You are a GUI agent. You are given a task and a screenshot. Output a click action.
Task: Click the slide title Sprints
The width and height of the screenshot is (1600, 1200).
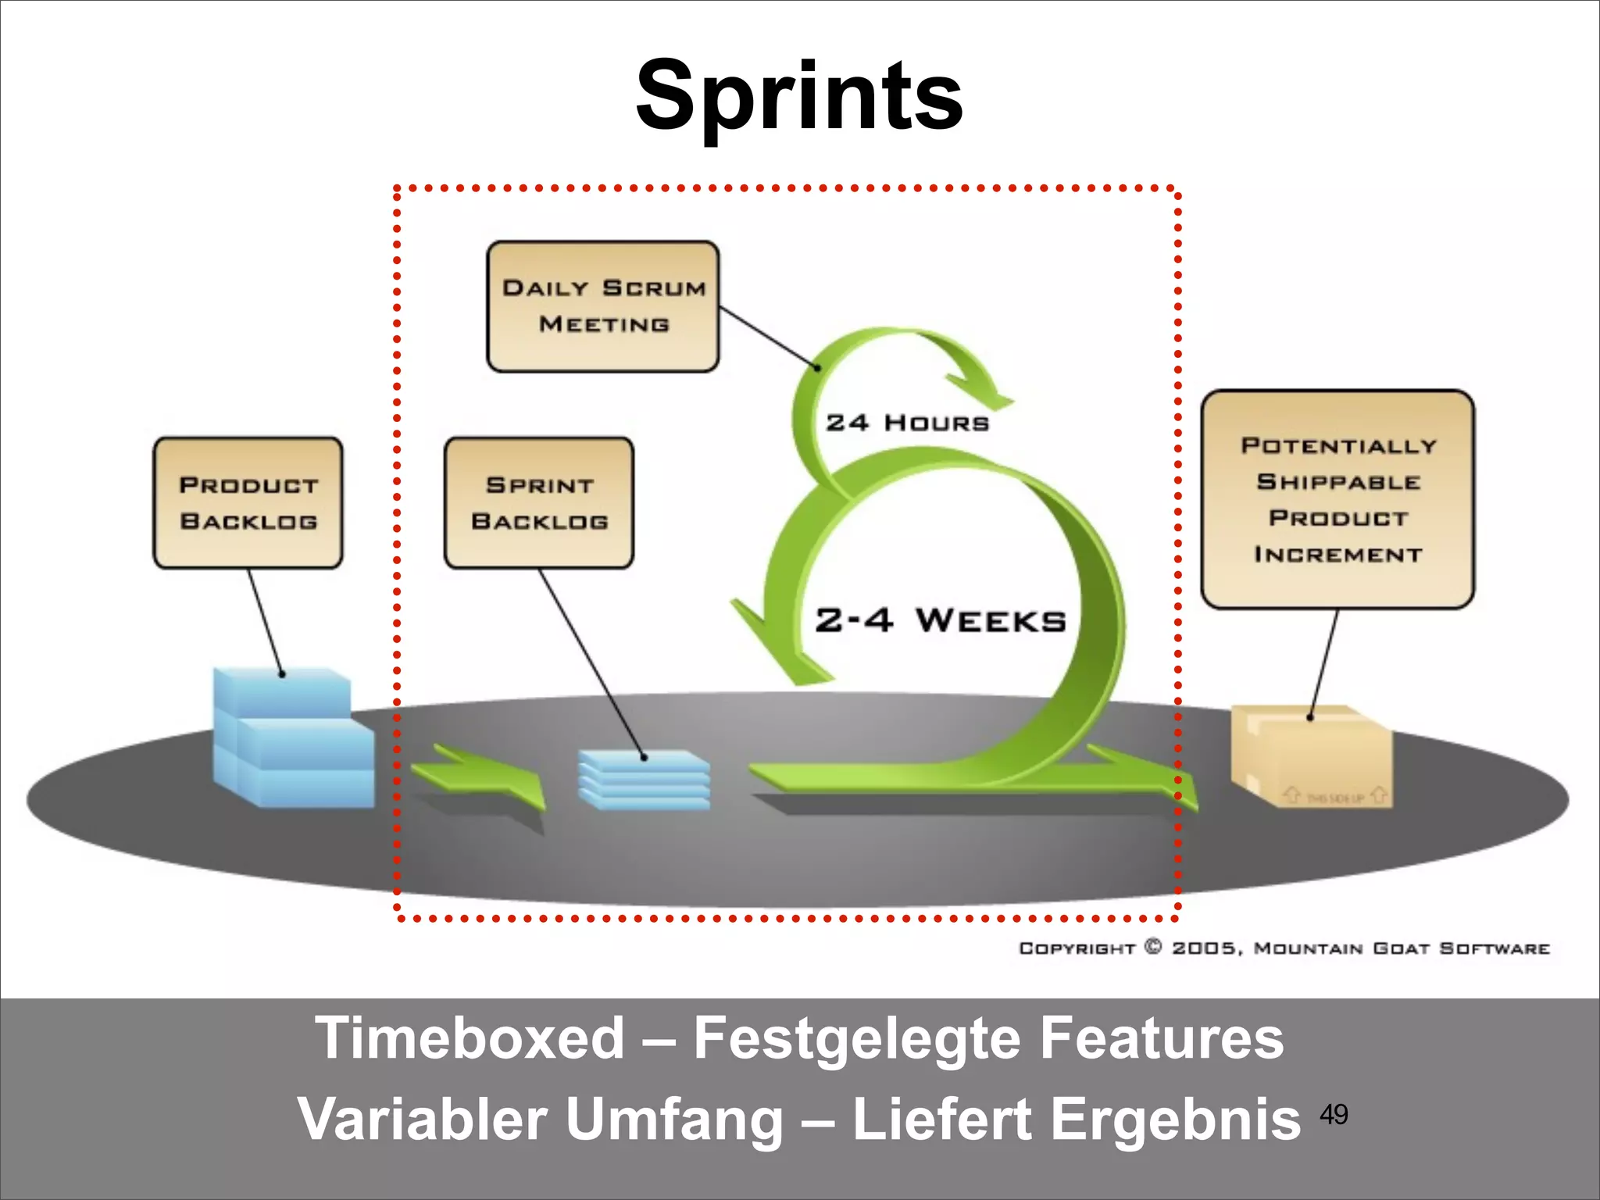point(799,98)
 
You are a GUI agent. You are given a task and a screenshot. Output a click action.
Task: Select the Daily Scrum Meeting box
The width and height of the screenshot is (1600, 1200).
point(603,306)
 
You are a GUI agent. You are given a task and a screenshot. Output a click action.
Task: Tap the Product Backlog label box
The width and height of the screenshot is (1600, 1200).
point(248,502)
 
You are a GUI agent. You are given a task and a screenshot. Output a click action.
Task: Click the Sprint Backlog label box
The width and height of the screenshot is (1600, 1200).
point(539,502)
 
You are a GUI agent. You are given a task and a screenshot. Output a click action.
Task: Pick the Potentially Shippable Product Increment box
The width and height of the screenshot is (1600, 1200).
point(1337,499)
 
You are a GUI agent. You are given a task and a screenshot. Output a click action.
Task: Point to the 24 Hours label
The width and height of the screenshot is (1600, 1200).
point(907,423)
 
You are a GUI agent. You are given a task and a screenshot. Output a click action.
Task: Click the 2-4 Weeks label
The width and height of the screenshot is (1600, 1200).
point(940,621)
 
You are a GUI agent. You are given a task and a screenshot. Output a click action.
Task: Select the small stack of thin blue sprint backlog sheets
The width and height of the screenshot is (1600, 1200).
point(645,779)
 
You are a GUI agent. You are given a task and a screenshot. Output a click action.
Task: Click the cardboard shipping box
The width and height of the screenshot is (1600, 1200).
point(1311,756)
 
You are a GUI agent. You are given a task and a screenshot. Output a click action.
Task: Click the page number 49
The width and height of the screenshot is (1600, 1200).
point(1334,1114)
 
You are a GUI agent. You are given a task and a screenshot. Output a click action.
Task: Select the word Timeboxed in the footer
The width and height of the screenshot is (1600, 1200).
point(470,1038)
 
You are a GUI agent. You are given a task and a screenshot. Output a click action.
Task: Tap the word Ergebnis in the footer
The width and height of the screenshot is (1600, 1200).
point(1175,1120)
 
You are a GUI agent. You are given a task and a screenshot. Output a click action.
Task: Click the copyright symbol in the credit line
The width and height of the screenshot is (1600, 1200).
point(1153,947)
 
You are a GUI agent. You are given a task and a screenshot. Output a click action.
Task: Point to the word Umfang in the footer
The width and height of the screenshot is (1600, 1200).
point(674,1120)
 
